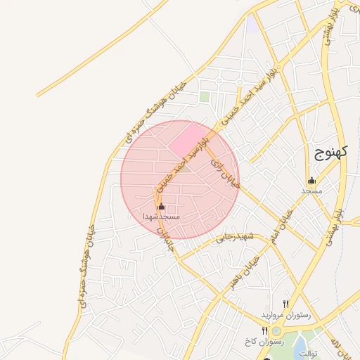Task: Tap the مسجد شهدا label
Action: [161, 217]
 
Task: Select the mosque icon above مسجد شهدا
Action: [161, 207]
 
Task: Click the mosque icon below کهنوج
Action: [311, 181]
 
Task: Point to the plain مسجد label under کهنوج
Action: [311, 191]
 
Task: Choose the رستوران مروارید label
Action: [281, 314]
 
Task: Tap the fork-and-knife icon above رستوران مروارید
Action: [285, 304]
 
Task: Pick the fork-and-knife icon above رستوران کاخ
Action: [264, 330]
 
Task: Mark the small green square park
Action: [205, 97]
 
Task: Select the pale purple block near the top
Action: [251, 23]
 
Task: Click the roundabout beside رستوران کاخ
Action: [276, 330]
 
